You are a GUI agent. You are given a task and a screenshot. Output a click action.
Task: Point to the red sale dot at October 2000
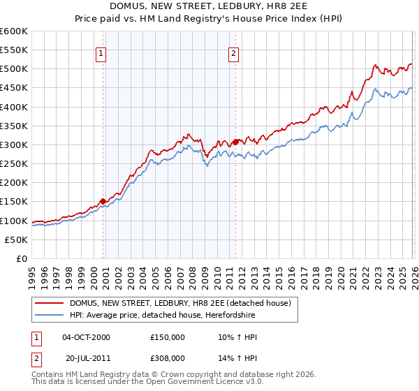click(x=103, y=201)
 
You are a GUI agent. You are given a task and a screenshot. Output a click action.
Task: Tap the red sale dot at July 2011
click(x=236, y=142)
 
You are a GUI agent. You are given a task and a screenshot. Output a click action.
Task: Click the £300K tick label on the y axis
click(x=14, y=145)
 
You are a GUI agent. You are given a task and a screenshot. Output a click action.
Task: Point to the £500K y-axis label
click(x=14, y=69)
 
